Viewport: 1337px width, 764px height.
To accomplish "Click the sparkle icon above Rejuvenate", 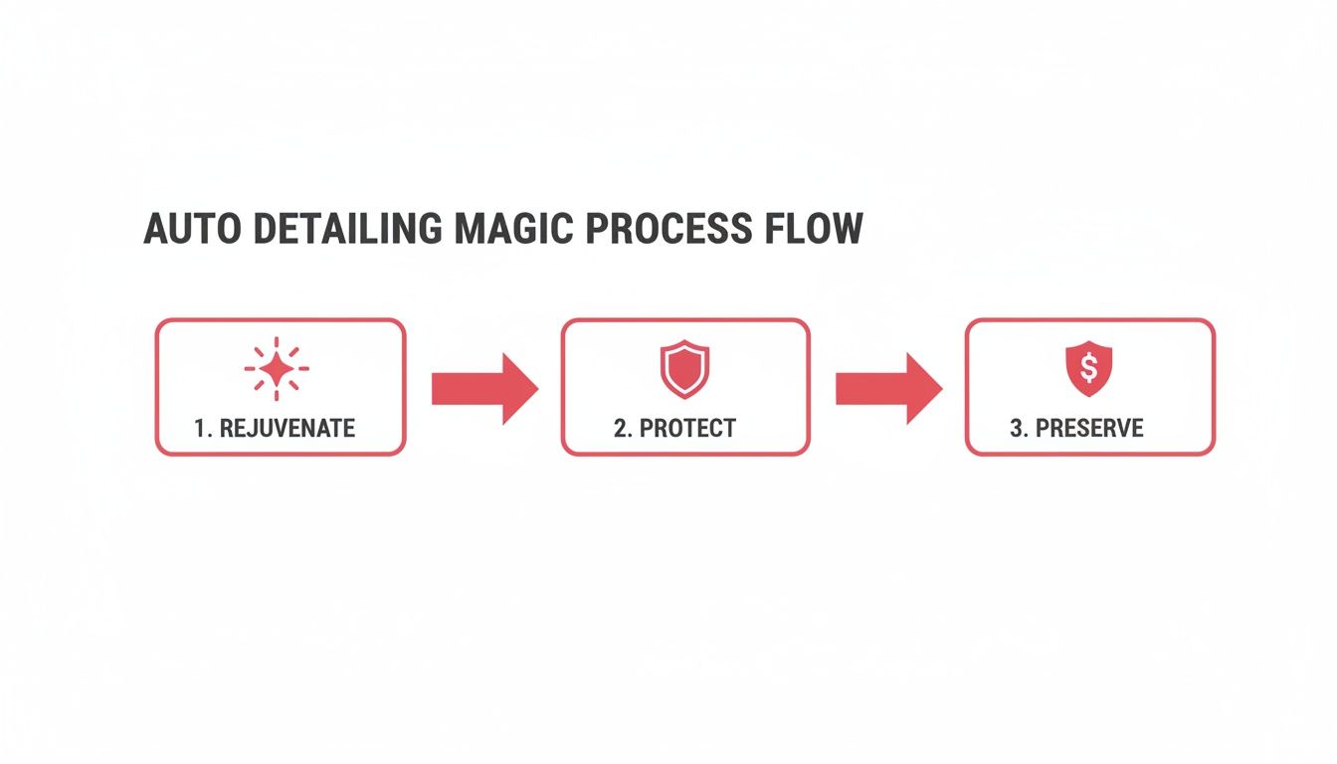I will pos(277,369).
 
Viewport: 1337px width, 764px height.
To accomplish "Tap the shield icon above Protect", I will pos(684,369).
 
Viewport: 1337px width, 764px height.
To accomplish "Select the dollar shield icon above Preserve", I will pos(1089,369).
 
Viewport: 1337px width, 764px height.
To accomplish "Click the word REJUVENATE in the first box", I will pos(287,429).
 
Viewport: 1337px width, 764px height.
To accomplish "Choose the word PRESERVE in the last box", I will pos(1090,429).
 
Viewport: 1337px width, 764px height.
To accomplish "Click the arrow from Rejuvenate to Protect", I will pos(484,389).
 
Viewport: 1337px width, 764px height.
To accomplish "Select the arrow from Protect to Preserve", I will pos(888,389).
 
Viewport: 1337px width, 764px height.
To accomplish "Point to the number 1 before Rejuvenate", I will pos(200,429).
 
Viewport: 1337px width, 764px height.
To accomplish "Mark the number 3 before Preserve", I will pos(1017,429).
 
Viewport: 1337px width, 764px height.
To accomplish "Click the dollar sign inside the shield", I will pos(1089,369).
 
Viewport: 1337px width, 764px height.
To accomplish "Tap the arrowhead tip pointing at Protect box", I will pos(535,389).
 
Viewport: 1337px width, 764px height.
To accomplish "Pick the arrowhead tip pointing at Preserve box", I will pos(939,389).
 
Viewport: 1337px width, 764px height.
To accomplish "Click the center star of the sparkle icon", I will pos(277,369).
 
